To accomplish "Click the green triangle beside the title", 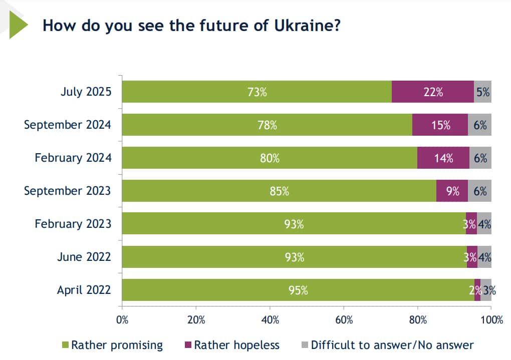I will point(18,25).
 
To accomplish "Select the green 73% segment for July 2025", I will point(257,92).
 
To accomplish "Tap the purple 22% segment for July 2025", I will point(432,92).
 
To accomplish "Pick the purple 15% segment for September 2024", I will point(440,125).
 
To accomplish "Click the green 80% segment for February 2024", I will point(270,158).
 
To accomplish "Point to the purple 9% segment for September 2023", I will point(452,191).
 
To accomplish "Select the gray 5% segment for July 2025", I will point(483,92).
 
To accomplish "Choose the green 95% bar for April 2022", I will point(298,290).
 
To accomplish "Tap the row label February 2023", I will point(73,224).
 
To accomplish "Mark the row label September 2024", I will point(67,125).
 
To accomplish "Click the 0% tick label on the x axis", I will point(122,320).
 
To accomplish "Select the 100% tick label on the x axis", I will point(490,320).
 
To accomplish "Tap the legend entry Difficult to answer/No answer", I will point(387,345).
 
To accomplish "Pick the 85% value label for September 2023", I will point(279,191).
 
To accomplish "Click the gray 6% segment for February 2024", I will point(480,158).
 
